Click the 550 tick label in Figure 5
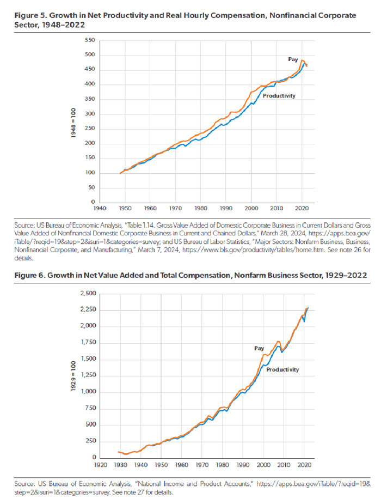pos(90,41)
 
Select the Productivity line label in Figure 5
pos(279,95)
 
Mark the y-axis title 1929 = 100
pos(72,375)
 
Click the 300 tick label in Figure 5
pos(90,114)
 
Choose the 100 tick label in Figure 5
pos(90,173)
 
